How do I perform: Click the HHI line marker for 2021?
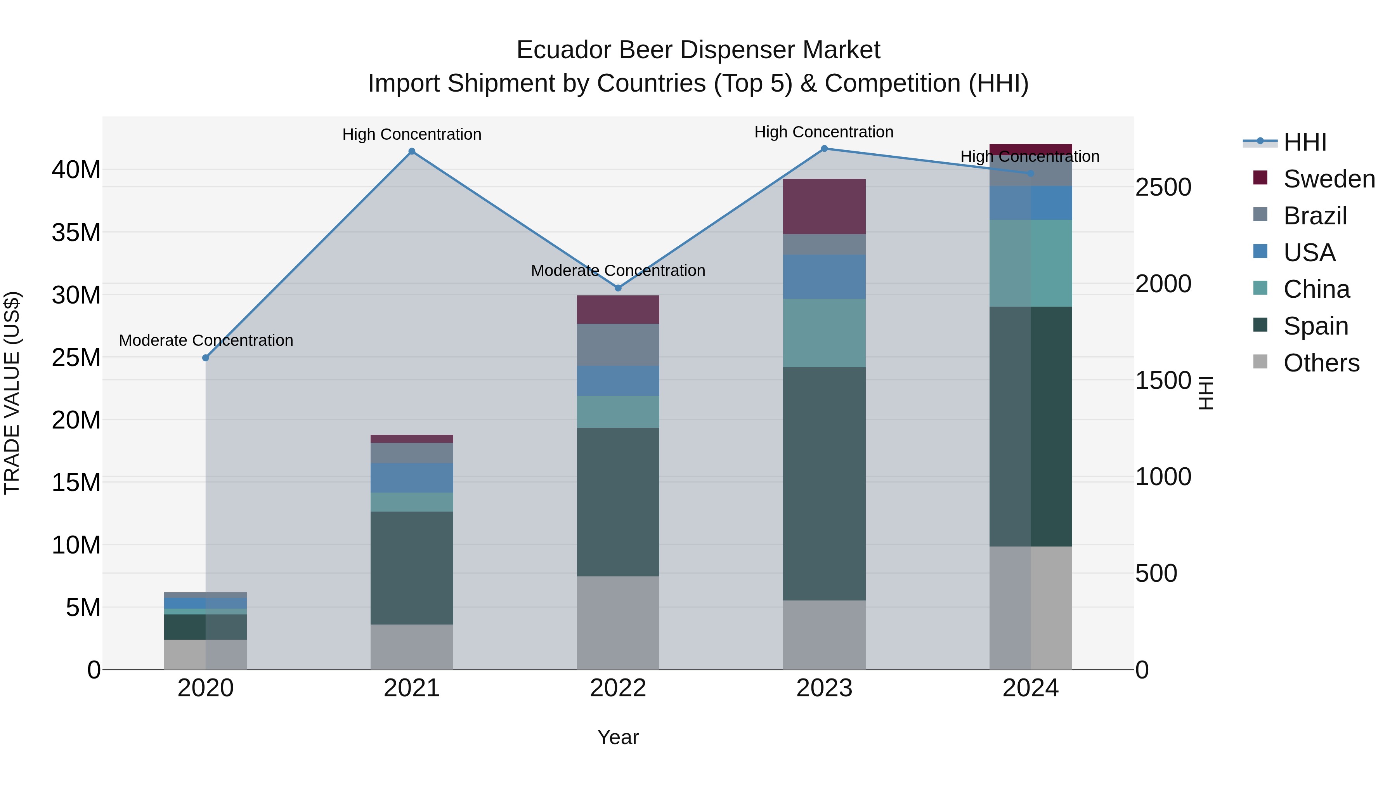pyautogui.click(x=412, y=151)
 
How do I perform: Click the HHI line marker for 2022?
pyautogui.click(x=618, y=288)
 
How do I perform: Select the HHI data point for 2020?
pyautogui.click(x=206, y=358)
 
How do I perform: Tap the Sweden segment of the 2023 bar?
pyautogui.click(x=824, y=206)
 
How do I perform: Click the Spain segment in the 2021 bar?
pyautogui.click(x=412, y=568)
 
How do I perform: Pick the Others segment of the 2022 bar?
pyautogui.click(x=618, y=623)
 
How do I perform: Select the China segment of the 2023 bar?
pyautogui.click(x=824, y=333)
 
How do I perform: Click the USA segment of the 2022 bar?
pyautogui.click(x=618, y=381)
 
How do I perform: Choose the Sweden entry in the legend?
pyautogui.click(x=1328, y=179)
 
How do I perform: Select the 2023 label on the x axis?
pyautogui.click(x=824, y=688)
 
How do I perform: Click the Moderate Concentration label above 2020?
pyautogui.click(x=206, y=341)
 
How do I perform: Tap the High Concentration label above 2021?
pyautogui.click(x=412, y=135)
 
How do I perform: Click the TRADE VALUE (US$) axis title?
pyautogui.click(x=12, y=393)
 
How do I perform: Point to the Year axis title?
pyautogui.click(x=618, y=738)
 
